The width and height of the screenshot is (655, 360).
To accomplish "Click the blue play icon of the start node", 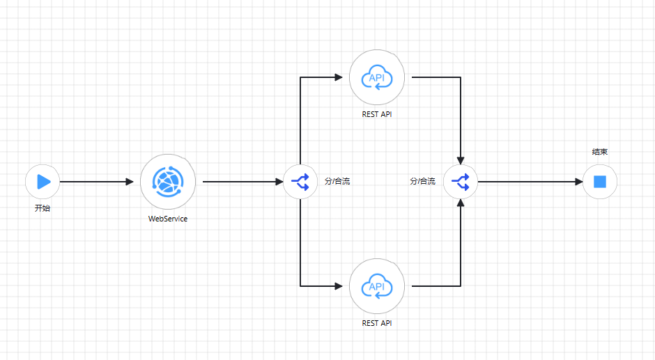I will tap(43, 182).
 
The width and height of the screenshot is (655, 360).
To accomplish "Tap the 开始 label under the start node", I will tap(43, 208).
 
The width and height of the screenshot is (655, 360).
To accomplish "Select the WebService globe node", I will tap(168, 182).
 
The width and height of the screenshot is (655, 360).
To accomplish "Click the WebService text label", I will tap(168, 219).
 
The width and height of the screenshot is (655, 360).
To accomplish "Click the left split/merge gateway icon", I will tap(300, 182).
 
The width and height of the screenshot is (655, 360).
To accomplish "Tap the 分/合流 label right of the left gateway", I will tap(337, 182).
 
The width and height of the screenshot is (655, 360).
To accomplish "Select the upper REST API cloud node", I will tap(377, 77).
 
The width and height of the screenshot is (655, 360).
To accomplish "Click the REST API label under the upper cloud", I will tap(377, 114).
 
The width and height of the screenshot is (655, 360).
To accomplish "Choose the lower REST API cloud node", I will tap(377, 285).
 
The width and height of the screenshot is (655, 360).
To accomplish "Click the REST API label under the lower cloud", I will tap(377, 323).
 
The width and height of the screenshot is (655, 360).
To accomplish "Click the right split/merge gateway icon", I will tap(461, 182).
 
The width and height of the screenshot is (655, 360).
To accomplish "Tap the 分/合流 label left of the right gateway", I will tap(422, 182).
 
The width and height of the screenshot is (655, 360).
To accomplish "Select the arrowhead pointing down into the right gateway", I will tap(461, 161).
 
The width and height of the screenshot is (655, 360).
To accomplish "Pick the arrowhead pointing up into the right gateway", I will tap(461, 203).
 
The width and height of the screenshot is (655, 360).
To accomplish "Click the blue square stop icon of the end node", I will tap(600, 182).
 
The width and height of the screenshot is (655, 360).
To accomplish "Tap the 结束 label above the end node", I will tap(600, 151).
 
